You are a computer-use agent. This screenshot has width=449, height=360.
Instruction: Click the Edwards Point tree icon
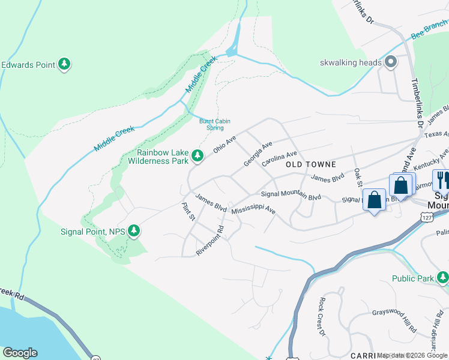tap(64, 64)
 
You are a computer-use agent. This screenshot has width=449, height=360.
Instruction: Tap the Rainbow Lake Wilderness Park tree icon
tap(197, 157)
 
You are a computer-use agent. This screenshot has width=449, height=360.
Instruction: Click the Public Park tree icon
tap(442, 278)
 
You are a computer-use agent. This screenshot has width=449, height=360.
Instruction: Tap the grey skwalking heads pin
tap(391, 62)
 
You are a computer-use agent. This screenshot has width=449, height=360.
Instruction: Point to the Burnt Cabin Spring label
tap(215, 124)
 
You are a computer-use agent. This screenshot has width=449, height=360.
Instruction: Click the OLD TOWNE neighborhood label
tap(310, 164)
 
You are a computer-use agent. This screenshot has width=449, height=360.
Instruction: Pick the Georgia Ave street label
tap(258, 154)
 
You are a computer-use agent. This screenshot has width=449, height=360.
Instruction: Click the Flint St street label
tap(188, 212)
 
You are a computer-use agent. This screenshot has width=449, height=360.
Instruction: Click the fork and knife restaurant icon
tap(442, 179)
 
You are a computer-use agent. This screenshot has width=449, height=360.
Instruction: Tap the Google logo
tap(20, 353)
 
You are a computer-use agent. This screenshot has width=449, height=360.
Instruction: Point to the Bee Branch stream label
tap(429, 29)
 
